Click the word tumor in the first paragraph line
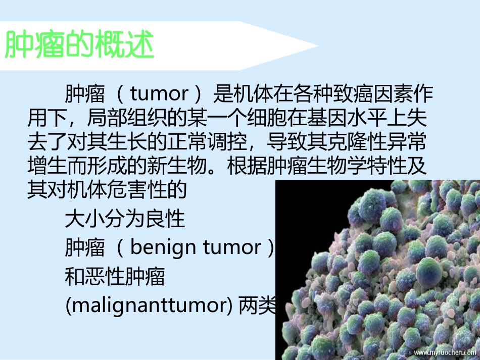click(x=159, y=94)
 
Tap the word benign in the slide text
click(x=163, y=247)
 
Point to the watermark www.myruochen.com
click(x=444, y=352)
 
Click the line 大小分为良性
click(x=125, y=219)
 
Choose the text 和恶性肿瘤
click(x=115, y=277)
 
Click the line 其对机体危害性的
click(x=107, y=190)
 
